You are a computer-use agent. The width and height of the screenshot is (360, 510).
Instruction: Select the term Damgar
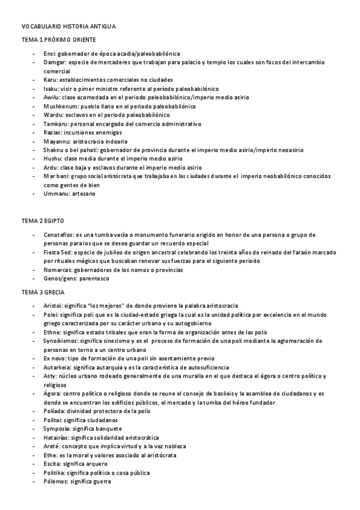tap(54, 63)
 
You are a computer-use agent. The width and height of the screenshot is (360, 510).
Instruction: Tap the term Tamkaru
tap(55, 123)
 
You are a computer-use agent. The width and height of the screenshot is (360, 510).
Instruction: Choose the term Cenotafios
tap(59, 235)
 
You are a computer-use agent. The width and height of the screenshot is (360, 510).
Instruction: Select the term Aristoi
tap(53, 306)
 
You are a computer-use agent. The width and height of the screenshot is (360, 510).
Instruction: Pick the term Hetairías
tap(58, 438)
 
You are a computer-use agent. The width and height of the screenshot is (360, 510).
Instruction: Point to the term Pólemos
tap(56, 482)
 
